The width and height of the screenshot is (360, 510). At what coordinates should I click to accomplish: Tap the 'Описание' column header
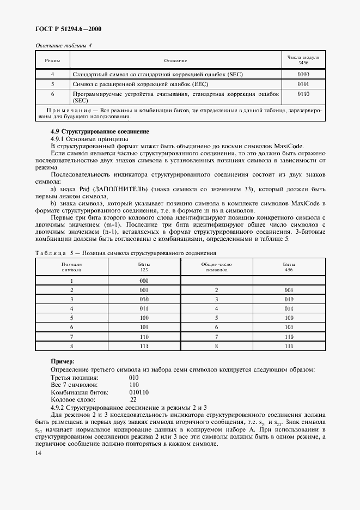[x=175, y=60]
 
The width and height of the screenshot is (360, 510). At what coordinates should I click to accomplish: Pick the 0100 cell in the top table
[x=303, y=74]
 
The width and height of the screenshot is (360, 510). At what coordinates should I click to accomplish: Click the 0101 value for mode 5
[x=303, y=84]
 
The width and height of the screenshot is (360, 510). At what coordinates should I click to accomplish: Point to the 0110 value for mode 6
[x=303, y=94]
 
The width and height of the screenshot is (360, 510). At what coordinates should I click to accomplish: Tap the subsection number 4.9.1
[x=59, y=139]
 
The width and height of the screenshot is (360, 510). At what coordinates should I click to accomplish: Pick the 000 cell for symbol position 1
[x=144, y=281]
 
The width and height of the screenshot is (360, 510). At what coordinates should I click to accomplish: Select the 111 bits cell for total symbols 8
[x=288, y=346]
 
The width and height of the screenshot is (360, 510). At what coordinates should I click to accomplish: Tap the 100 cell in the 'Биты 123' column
[x=144, y=318]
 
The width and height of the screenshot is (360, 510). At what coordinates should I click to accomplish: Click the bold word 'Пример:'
[x=63, y=361]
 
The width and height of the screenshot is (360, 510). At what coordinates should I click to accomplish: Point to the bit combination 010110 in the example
[x=140, y=392]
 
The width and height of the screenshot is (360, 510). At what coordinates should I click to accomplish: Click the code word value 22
[x=133, y=399]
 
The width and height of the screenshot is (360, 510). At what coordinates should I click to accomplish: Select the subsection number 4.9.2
[x=59, y=407]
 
